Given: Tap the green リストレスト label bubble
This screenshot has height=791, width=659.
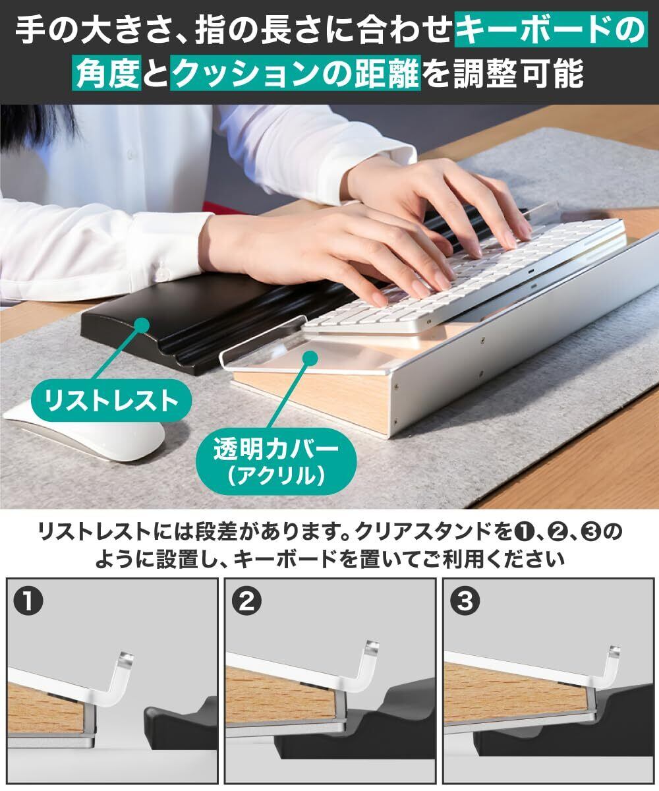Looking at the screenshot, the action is coord(111,400).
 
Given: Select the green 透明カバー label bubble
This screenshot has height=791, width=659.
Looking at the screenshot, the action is coord(275,461).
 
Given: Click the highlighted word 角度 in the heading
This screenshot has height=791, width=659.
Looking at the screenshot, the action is coord(107,73).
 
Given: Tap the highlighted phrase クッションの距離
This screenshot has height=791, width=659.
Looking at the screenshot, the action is coord(295,73).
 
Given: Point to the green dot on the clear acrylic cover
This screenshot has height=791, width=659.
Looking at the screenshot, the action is coord(310,358).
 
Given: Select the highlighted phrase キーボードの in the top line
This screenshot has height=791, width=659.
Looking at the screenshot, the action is coord(551,30).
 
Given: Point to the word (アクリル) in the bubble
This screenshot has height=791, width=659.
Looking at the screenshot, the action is coord(275,476).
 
